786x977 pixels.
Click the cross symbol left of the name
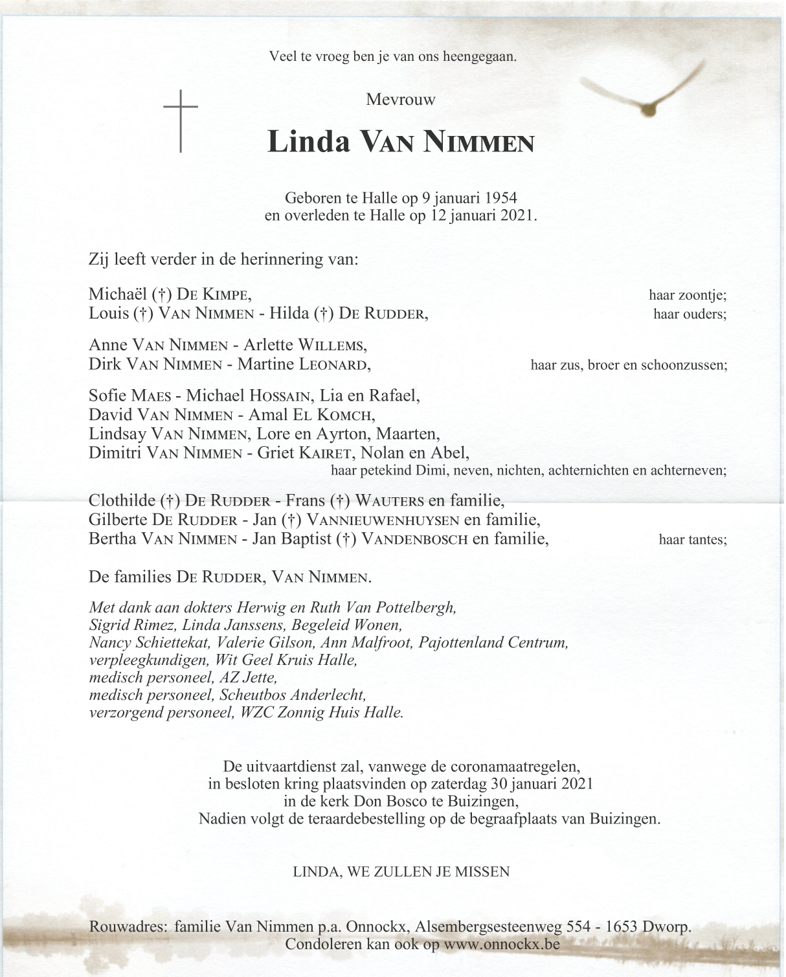click(180, 121)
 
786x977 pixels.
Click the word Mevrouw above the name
click(401, 100)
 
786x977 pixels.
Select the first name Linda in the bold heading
click(308, 141)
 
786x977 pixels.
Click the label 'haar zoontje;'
click(688, 295)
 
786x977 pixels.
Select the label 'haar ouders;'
click(690, 315)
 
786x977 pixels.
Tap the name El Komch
click(338, 415)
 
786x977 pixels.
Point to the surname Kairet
click(324, 453)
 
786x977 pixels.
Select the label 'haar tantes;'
click(692, 539)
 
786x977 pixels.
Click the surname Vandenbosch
click(415, 539)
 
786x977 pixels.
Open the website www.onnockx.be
click(500, 945)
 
